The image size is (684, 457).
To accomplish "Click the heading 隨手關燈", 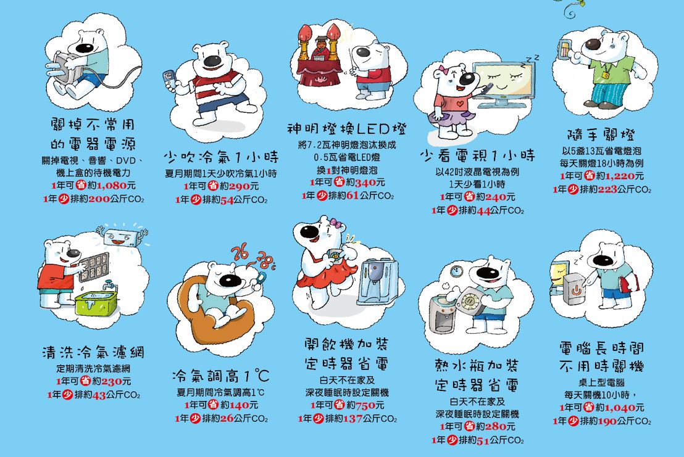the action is pos(601,135).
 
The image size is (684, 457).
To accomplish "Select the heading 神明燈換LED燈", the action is pos(347,129).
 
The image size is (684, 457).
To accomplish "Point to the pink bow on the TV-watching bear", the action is pos(444,70).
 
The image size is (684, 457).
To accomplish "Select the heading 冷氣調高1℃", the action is pos(221,376).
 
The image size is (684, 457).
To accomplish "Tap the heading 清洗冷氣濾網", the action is pos(93,352).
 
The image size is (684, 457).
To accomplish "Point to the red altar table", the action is pos(319,72).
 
